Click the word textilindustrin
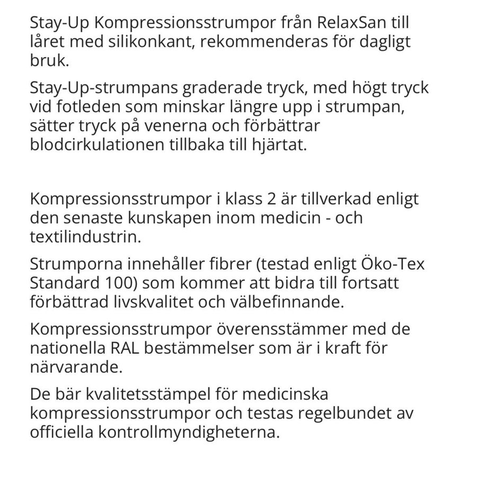click(x=86, y=236)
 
